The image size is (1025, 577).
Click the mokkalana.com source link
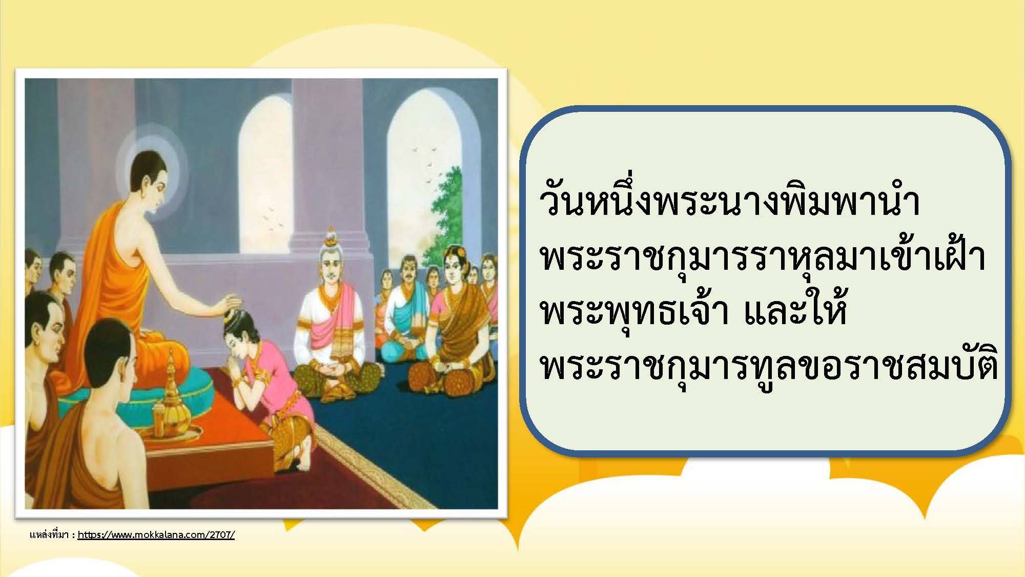click(x=156, y=535)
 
